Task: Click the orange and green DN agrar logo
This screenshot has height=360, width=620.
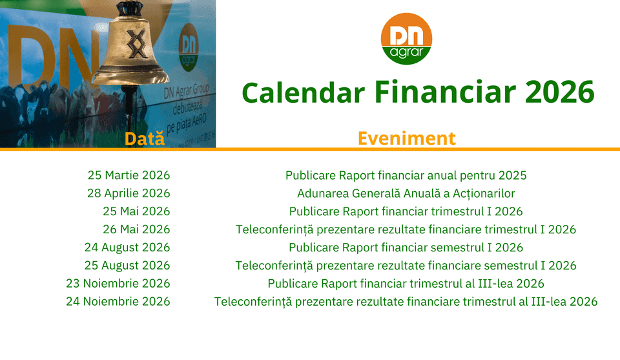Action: point(406,38)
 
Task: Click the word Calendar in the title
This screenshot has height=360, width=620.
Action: point(303,92)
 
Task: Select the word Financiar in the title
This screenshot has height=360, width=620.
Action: point(445,92)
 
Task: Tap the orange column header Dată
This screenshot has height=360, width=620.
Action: point(144,139)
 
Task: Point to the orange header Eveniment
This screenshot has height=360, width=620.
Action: point(406,138)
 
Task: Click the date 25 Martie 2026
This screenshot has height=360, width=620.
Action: point(129,175)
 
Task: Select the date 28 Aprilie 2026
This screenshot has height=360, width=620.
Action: point(129,193)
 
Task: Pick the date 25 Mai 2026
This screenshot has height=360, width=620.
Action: point(136,211)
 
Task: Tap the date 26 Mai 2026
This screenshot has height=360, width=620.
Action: point(136,229)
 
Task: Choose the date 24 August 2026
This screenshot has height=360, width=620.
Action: point(127,248)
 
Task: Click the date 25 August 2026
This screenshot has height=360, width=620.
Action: point(127,266)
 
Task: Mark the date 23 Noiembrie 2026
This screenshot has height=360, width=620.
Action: point(118,284)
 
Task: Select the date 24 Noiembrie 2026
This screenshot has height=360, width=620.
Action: point(118,301)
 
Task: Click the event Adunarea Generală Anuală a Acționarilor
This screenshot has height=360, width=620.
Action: point(406,193)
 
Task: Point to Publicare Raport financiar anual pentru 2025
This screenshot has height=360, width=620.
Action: point(406,175)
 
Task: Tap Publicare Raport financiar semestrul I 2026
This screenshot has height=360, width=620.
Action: point(406,248)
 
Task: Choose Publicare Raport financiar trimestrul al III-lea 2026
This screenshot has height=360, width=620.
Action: point(406,284)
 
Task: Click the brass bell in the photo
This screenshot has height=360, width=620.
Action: point(130,45)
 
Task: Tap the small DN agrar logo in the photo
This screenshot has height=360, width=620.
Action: point(188,47)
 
